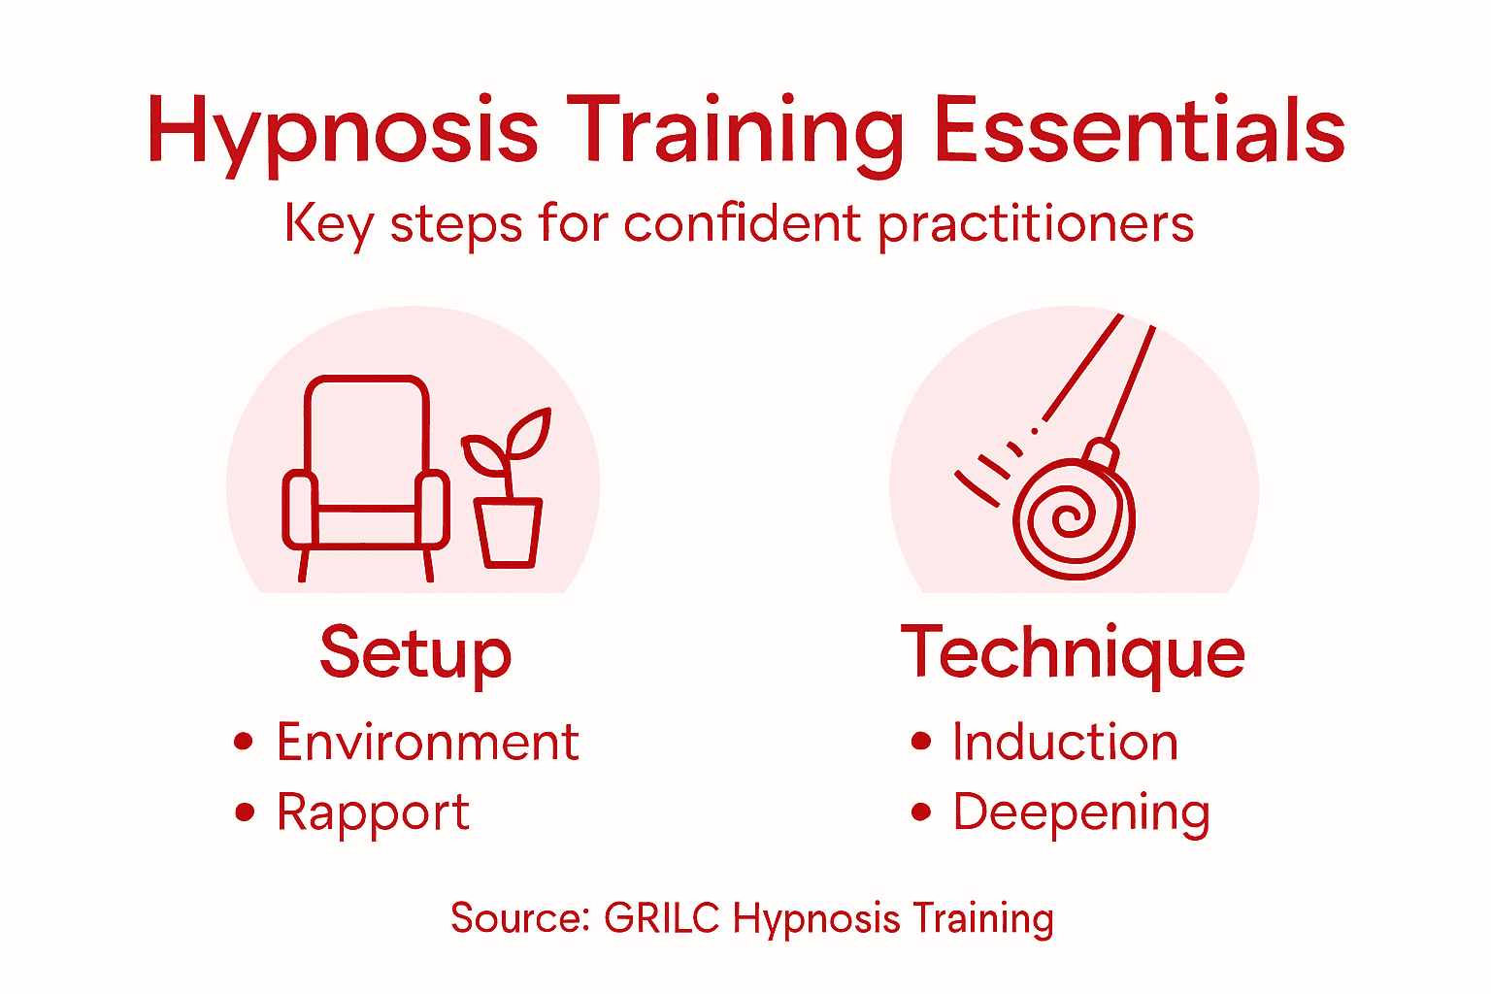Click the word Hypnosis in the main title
pos(342,133)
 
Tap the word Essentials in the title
pos(1138,131)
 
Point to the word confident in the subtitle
pos(743,224)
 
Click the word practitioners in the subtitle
pos(1036,226)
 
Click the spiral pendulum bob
pos(1074,518)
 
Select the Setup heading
pos(415,654)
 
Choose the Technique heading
pos(1073,654)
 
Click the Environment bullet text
pos(427,743)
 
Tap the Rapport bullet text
pos(373,812)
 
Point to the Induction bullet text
pos(1065,743)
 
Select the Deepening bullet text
pos(1081,812)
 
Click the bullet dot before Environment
pos(244,743)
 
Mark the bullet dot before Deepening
pos(921,812)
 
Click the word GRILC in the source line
pos(661,918)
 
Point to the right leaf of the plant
pos(529,435)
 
